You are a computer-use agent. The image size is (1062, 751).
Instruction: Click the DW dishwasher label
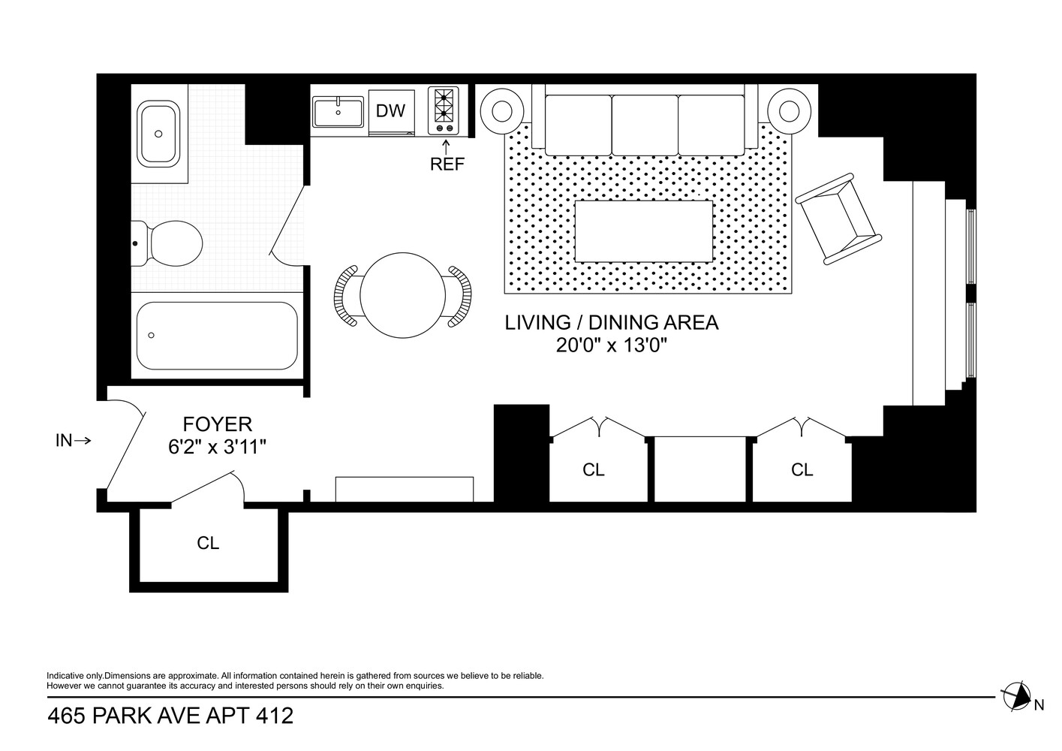point(390,111)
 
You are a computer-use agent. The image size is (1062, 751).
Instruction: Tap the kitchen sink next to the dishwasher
point(338,113)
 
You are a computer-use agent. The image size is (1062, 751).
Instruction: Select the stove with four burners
point(443,110)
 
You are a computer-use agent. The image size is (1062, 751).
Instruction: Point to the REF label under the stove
point(447,164)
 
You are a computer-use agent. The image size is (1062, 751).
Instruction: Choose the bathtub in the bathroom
point(216,336)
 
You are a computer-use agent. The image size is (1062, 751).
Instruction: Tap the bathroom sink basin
point(158,134)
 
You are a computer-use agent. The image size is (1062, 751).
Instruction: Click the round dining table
point(399,295)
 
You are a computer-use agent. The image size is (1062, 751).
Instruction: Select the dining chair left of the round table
point(347,296)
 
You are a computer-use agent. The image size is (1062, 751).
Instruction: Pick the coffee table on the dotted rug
point(643,231)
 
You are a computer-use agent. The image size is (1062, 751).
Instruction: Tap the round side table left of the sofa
point(502,111)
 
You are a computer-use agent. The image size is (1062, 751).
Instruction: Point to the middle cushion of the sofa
point(645,124)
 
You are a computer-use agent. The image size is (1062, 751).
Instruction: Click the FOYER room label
point(218,424)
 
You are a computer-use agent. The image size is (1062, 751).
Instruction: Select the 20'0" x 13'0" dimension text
point(612,345)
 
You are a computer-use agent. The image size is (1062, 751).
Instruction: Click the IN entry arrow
point(74,441)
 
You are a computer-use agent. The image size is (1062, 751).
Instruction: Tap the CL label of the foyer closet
point(208,542)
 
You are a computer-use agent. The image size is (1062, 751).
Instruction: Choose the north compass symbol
point(1016,697)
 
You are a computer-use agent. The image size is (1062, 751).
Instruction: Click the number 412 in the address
point(273,716)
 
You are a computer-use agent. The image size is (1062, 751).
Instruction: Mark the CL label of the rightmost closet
point(802,469)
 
